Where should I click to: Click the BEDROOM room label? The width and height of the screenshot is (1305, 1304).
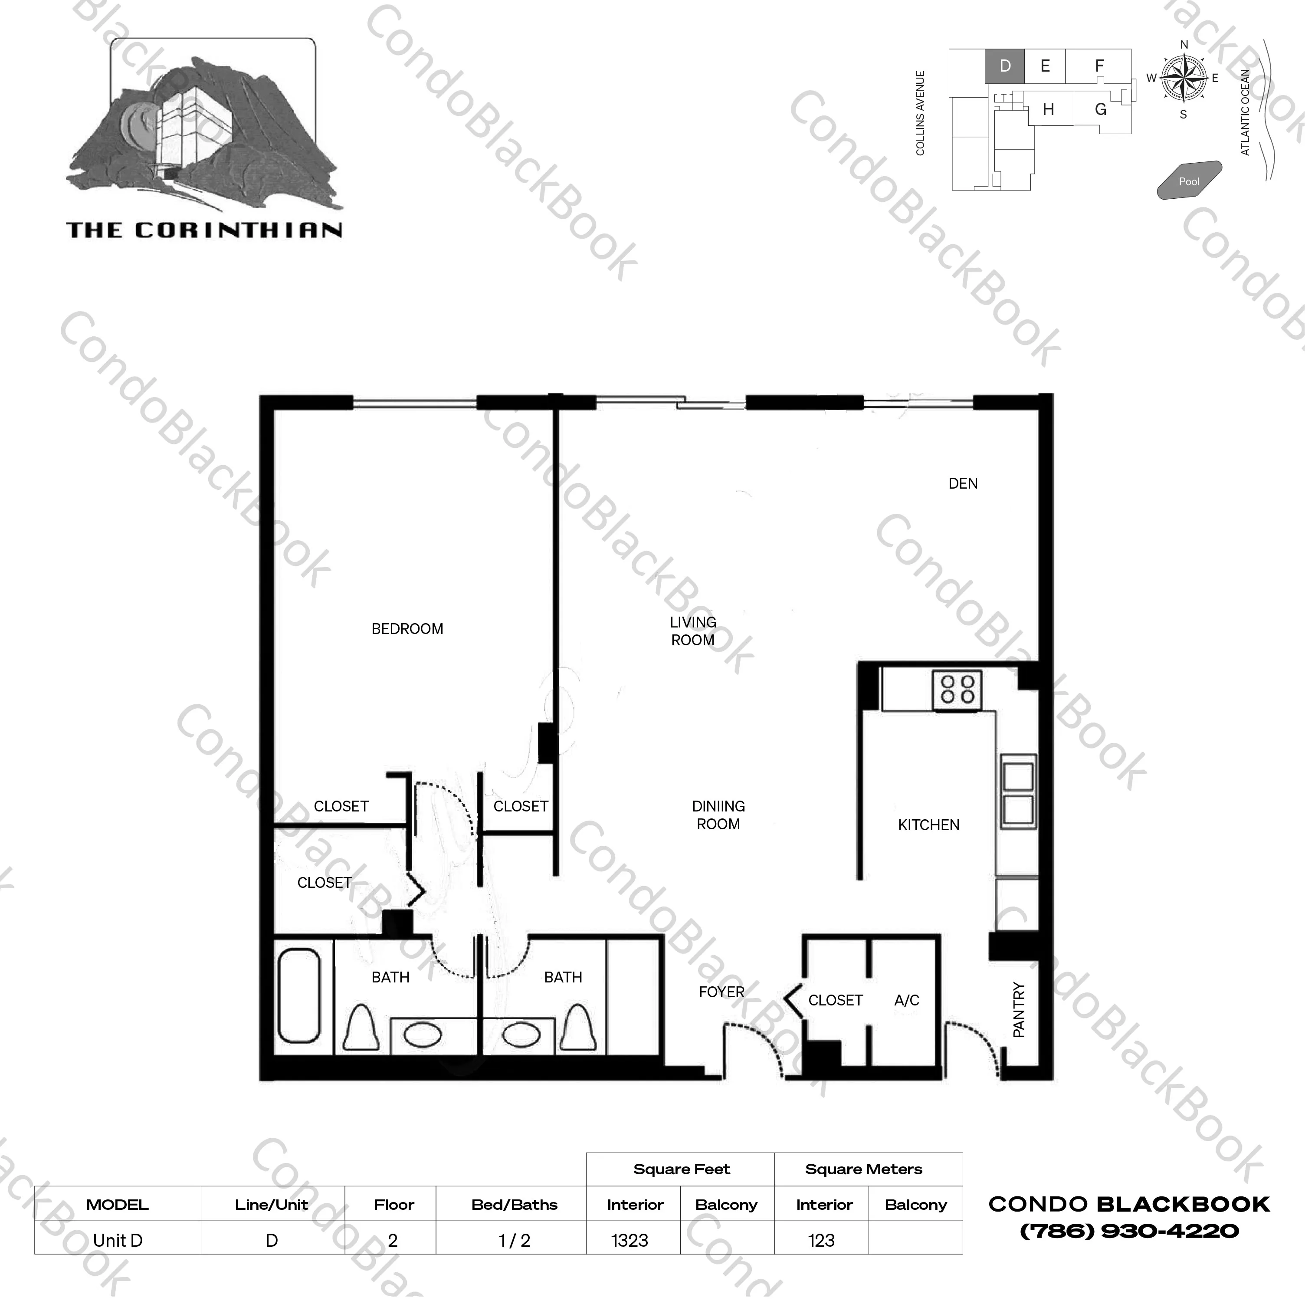coord(407,629)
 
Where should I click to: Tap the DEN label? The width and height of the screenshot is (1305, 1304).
coord(963,484)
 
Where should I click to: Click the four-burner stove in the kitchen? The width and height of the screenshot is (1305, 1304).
coord(957,690)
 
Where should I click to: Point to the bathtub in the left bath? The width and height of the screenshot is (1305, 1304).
coord(299,997)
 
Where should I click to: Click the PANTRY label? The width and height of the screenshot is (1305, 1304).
coord(1019,1010)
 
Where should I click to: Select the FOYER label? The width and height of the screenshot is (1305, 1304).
coord(721,992)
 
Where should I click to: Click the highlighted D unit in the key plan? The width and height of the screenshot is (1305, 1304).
coord(1004,66)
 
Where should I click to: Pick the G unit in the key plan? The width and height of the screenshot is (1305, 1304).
coord(1100,109)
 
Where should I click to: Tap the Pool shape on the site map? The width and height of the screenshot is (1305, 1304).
coord(1189,181)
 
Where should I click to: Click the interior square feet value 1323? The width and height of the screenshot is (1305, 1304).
coord(630,1241)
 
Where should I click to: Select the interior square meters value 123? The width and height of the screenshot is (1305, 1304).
coord(821,1241)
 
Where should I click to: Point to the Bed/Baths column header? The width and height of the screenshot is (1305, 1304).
coord(514,1205)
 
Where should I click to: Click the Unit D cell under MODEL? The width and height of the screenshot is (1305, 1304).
coord(118,1241)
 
